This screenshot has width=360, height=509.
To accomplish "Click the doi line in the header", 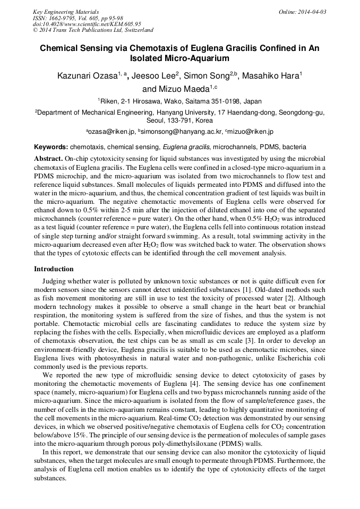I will [87, 24].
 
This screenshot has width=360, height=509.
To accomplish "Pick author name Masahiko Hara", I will [270, 76].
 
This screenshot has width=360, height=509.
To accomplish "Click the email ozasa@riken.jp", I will [109, 131].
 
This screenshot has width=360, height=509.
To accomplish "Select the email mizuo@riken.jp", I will [251, 131].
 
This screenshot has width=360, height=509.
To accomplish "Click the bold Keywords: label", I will [51, 146].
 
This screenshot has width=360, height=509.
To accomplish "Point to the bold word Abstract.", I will [48, 159].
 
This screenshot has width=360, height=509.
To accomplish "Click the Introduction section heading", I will [54, 269].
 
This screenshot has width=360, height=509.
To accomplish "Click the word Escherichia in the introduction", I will [303, 358].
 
